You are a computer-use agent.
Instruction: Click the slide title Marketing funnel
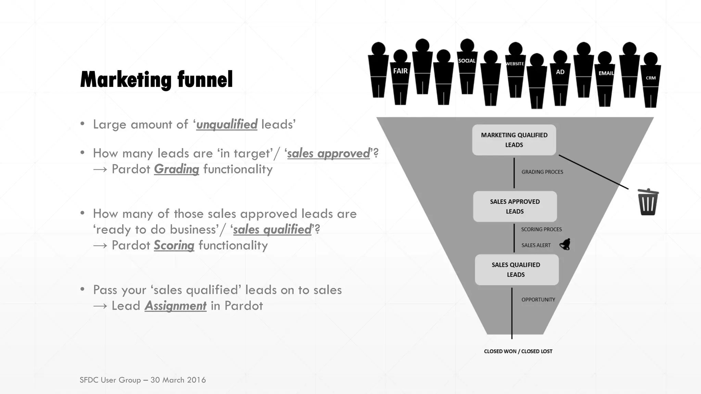(156, 80)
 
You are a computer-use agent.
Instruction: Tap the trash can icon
(648, 202)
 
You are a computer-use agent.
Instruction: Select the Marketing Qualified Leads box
(514, 140)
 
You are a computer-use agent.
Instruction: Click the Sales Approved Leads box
(515, 207)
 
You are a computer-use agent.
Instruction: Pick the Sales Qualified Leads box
(516, 270)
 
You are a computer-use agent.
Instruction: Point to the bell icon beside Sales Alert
(565, 245)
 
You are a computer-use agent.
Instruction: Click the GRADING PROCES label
(542, 172)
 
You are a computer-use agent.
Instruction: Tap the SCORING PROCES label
(541, 229)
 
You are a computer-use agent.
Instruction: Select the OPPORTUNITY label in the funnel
(538, 300)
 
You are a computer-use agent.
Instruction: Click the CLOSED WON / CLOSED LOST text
(518, 351)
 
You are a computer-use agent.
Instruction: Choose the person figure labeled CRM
(651, 80)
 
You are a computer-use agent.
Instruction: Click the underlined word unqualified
(227, 124)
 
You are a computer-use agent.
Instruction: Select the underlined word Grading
(176, 169)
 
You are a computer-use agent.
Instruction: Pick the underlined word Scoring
(174, 245)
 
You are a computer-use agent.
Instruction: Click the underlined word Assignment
(175, 305)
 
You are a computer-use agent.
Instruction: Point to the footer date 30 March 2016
(178, 380)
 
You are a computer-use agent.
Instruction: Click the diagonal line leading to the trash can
(594, 172)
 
